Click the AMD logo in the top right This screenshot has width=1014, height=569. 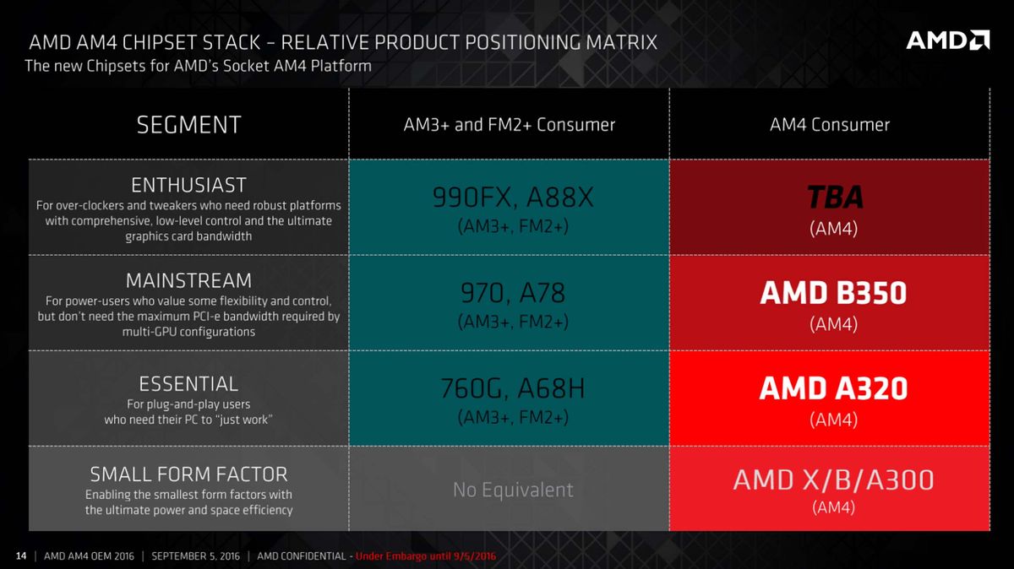tap(947, 40)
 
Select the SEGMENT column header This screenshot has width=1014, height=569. tap(188, 125)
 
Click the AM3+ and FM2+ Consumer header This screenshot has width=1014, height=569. tap(509, 125)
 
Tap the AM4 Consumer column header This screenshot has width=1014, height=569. tap(829, 125)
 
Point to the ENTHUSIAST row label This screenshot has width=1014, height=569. tap(188, 185)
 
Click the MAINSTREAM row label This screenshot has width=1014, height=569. tap(188, 280)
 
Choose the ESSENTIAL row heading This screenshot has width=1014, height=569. tap(188, 384)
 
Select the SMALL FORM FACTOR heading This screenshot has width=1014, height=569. tap(188, 474)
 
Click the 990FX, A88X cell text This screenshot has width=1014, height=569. tap(513, 198)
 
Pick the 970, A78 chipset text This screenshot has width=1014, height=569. tap(513, 293)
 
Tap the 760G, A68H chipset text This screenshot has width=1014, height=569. tap(513, 389)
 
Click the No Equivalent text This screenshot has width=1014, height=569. tap(513, 490)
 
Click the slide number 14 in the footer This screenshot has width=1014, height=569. tap(21, 556)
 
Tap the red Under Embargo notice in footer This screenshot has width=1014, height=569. tap(425, 556)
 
